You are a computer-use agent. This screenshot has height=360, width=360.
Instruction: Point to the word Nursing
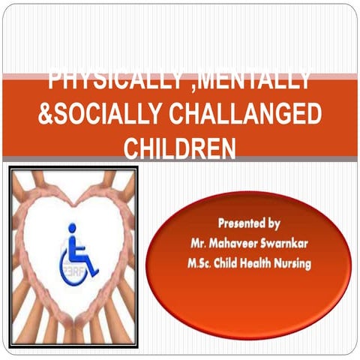(290, 263)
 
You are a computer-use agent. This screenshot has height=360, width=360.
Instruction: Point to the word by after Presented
(273, 223)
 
